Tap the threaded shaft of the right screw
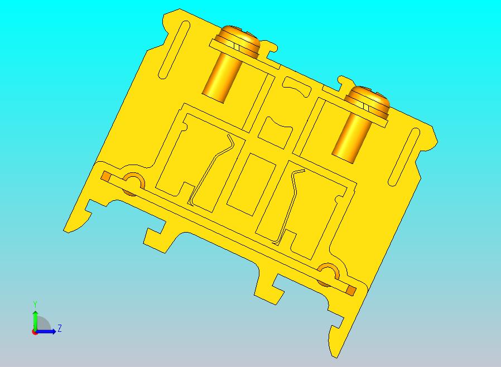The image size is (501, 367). click(x=351, y=137)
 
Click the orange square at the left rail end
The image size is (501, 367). click(x=105, y=177)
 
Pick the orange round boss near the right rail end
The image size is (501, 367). click(x=327, y=273)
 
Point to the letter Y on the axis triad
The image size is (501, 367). click(x=35, y=304)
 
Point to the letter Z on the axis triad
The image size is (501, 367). click(x=59, y=328)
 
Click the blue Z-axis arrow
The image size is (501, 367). click(x=50, y=331)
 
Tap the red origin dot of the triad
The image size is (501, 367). click(x=35, y=332)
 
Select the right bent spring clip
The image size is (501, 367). click(x=290, y=204)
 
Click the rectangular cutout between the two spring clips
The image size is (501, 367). click(x=251, y=185)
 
